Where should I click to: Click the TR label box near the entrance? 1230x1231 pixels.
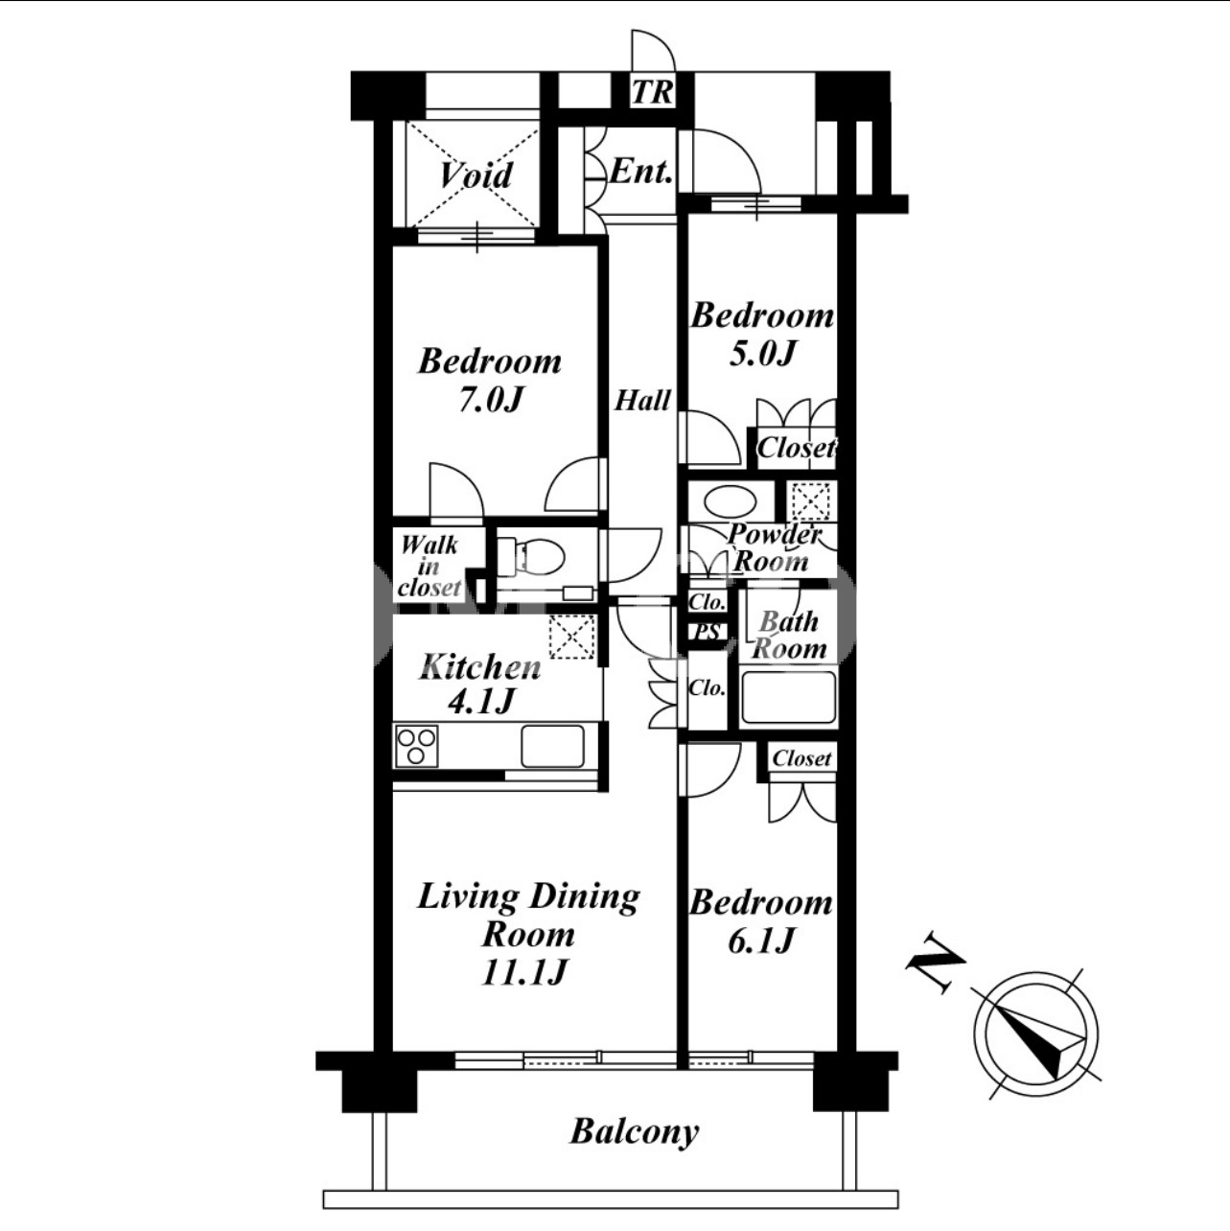[x=652, y=92]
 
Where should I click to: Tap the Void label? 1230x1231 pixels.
[x=476, y=174]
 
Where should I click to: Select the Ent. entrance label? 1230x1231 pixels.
[x=640, y=172]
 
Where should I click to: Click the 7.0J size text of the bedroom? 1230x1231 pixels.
[x=491, y=401]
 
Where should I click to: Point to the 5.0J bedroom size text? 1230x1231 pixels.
[x=761, y=352]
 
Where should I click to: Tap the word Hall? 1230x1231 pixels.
[x=642, y=401]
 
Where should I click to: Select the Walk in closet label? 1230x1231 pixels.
[x=429, y=567]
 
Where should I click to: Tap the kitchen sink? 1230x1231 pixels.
[x=553, y=746]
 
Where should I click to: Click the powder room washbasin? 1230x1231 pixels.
[x=730, y=501]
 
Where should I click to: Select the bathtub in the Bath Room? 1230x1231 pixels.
[x=788, y=697]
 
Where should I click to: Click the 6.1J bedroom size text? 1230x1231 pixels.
[x=761, y=941]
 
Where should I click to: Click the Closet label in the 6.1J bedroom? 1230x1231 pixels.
[x=801, y=758]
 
